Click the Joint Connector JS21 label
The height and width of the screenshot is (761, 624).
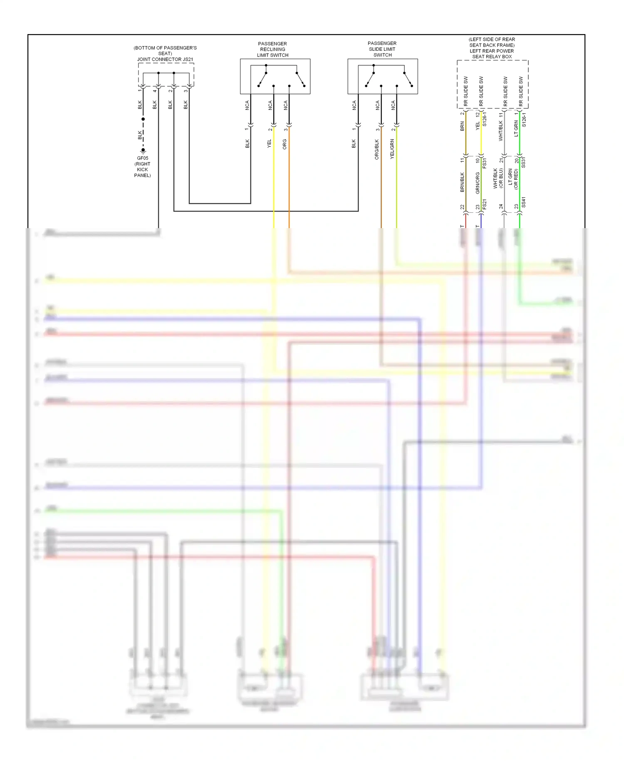pyautogui.click(x=165, y=59)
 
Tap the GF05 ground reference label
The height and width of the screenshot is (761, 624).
pyautogui.click(x=142, y=158)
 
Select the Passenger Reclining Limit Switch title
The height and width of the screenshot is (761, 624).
pyautogui.click(x=272, y=49)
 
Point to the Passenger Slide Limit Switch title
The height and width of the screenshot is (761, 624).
pyautogui.click(x=382, y=49)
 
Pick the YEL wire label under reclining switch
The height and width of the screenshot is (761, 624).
pyautogui.click(x=269, y=144)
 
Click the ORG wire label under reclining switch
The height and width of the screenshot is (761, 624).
pyautogui.click(x=285, y=144)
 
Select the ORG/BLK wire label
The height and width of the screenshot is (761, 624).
pyautogui.click(x=377, y=149)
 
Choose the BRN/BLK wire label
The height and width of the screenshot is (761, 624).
pyautogui.click(x=462, y=182)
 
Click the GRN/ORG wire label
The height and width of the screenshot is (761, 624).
pyautogui.click(x=478, y=183)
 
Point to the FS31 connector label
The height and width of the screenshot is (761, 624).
pyautogui.click(x=485, y=163)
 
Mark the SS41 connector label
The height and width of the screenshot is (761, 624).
pyautogui.click(x=523, y=202)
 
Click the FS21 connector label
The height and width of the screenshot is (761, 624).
pyautogui.click(x=485, y=204)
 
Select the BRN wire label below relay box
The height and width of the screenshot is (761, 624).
pyautogui.click(x=462, y=127)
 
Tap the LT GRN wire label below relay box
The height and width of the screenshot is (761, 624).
pyautogui.click(x=516, y=128)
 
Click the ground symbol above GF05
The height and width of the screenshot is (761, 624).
pyautogui.click(x=143, y=151)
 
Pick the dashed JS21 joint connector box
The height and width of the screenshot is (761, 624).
pyautogui.click(x=166, y=75)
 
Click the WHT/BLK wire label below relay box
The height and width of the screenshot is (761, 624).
pyautogui.click(x=501, y=131)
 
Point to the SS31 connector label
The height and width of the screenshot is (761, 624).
pyautogui.click(x=523, y=162)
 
